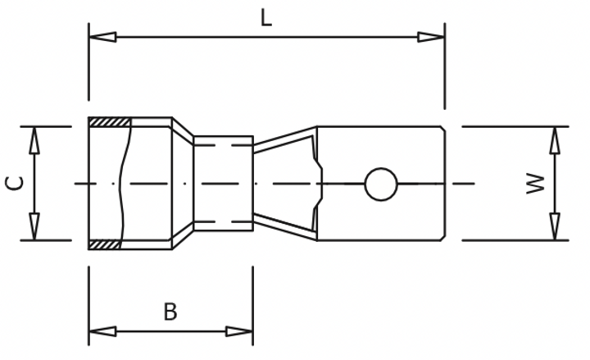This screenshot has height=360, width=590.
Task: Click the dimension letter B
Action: click(x=170, y=312)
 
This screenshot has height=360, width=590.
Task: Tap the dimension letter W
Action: click(x=535, y=183)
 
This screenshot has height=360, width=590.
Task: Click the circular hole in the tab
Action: click(x=380, y=184)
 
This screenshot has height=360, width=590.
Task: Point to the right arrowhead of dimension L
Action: click(x=431, y=37)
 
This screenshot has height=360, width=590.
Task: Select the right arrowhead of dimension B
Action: click(x=239, y=331)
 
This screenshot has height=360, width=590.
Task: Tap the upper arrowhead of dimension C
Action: click(x=34, y=140)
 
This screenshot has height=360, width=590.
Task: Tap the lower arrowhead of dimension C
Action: click(x=34, y=226)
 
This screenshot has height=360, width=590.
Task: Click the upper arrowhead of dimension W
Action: click(x=555, y=140)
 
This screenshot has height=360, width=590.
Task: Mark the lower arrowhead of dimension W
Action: click(x=555, y=226)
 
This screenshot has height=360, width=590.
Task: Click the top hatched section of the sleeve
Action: click(x=110, y=122)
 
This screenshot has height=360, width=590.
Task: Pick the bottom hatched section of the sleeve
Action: click(x=105, y=244)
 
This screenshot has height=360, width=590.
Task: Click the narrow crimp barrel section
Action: click(x=223, y=183)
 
